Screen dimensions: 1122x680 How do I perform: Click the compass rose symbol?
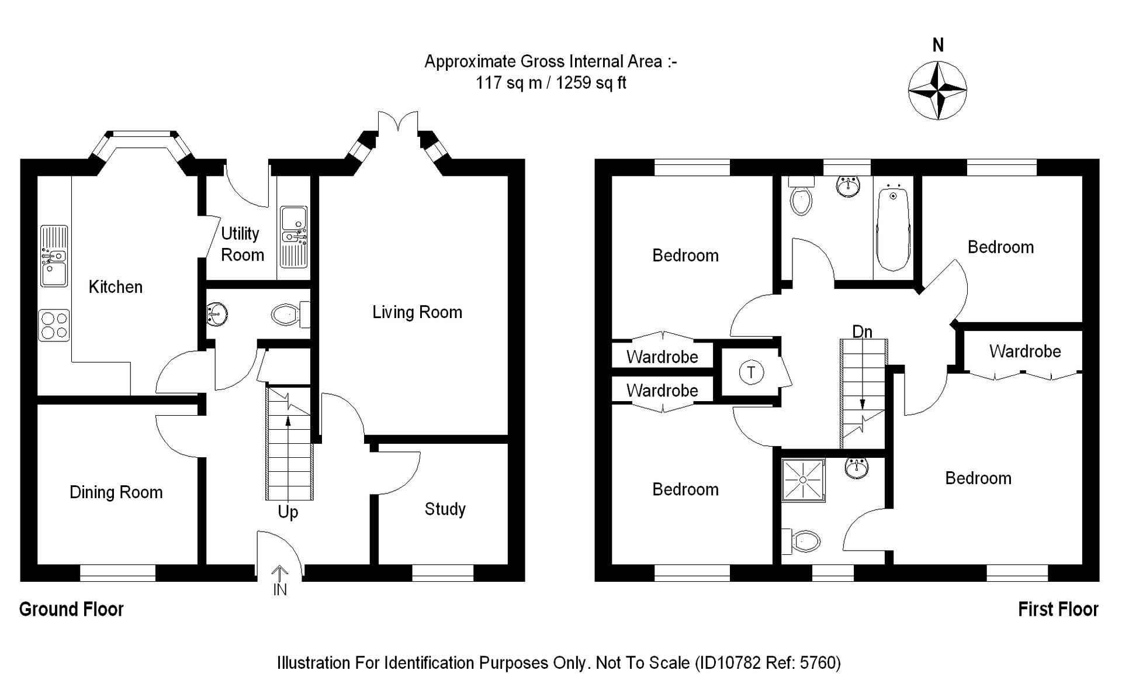coord(937,91)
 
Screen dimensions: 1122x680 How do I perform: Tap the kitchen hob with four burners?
coord(54,325)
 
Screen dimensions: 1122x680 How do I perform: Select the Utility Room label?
coord(243,244)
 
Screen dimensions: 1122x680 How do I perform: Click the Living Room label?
coord(417,312)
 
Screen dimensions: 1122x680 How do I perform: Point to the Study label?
coord(445,509)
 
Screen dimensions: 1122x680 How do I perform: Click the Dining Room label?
coord(116,492)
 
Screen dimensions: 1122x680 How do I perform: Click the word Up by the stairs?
coord(288,512)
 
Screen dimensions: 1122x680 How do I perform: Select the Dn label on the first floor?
coord(863,332)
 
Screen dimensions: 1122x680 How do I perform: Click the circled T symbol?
coord(752,372)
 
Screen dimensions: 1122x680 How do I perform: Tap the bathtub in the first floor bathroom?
coord(893,227)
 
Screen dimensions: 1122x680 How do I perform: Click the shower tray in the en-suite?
coord(804,480)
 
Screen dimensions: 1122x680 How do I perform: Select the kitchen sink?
coord(54,256)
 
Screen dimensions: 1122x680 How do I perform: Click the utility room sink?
coord(294,237)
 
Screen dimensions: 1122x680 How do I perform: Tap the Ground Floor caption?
coord(71,610)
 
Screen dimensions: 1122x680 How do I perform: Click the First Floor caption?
coord(1058,610)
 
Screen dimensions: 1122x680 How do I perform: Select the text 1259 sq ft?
coord(591,83)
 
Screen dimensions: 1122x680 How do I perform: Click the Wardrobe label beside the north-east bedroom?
coord(1025,351)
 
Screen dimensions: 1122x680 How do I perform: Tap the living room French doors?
coord(398,122)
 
